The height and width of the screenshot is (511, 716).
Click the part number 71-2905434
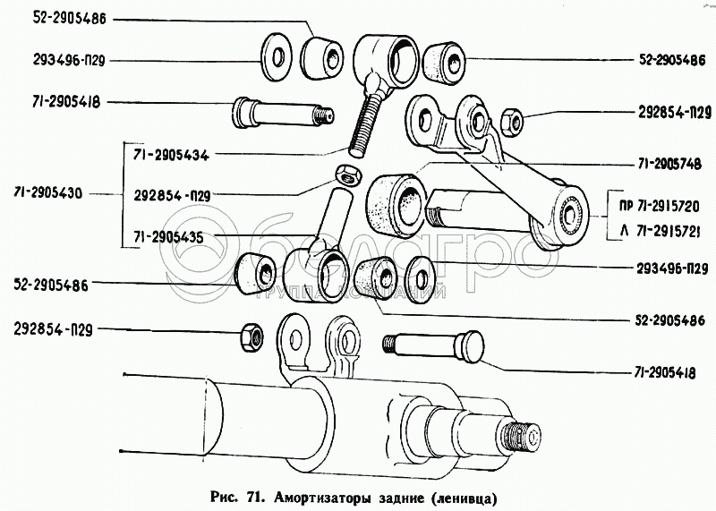click(171, 154)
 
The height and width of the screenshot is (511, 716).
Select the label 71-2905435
click(171, 236)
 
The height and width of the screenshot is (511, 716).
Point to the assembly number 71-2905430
click(51, 194)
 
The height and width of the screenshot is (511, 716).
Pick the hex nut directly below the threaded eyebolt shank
click(343, 172)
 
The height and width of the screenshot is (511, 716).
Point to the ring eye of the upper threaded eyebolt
click(388, 57)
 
